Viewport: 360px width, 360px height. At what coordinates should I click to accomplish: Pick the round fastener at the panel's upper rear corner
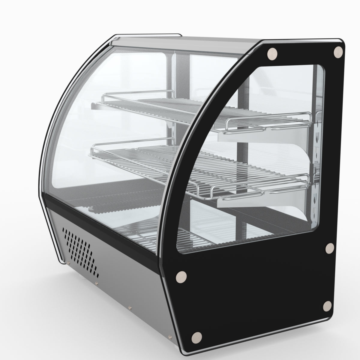click(338, 52)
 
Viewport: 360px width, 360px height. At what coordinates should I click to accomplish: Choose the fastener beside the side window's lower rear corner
click(329, 247)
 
